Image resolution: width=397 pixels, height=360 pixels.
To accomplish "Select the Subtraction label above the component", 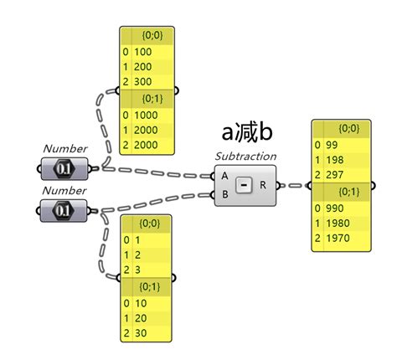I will tap(246, 157).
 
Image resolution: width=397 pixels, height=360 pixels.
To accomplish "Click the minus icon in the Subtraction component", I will tap(244, 185).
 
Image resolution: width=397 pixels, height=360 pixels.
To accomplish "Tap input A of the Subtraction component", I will tap(223, 176).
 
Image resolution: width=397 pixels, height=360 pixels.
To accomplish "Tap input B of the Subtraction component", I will tap(223, 195).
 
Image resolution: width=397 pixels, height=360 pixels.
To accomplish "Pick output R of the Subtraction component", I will tap(265, 185).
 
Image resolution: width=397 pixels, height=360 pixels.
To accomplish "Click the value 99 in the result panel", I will tap(332, 144).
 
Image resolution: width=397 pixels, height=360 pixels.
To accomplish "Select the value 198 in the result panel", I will tap(334, 158).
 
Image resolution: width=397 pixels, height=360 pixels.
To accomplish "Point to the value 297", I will tap(334, 173).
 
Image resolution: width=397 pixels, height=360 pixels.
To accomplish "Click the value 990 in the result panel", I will tap(334, 206).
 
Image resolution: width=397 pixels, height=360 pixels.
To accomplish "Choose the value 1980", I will tap(338, 221).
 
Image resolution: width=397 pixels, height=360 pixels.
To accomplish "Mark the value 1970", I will tap(338, 237).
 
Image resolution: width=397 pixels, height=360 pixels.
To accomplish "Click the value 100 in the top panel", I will tap(143, 50).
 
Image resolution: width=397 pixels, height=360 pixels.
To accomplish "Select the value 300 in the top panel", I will tap(143, 81).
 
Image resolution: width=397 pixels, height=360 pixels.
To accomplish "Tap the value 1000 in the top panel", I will tap(147, 116).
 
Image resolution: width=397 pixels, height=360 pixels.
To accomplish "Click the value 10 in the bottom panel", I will tap(140, 302).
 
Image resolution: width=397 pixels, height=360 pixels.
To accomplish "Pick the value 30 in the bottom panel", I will tap(140, 333).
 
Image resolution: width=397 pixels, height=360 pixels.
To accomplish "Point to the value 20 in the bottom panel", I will tap(140, 318).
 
